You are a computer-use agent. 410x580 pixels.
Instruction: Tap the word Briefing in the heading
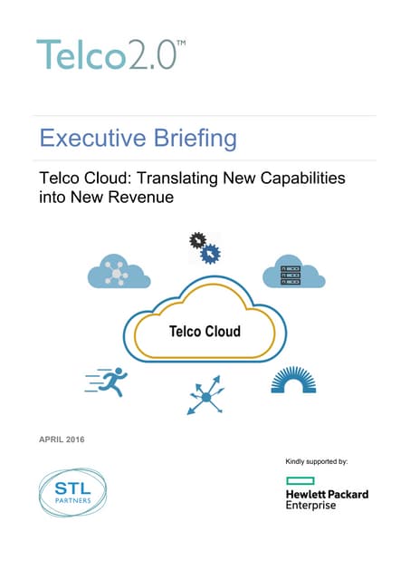pos(194,139)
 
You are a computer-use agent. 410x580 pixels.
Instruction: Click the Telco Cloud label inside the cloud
pos(205,331)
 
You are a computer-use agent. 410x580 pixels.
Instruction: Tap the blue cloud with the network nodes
pos(117,273)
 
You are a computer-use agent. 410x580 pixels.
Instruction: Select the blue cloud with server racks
pos(293,273)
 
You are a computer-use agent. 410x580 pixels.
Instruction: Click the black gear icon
pos(196,241)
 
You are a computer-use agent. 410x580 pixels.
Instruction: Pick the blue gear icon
pos(210,254)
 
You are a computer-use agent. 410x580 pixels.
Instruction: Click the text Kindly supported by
pos(316,461)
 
